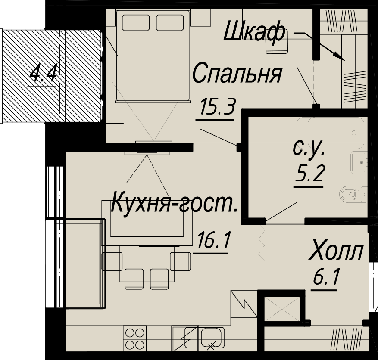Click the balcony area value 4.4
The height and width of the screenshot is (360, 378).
44,73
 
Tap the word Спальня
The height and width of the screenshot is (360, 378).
237,73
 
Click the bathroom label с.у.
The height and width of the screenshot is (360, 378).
309,148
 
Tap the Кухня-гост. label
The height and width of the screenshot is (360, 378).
175,205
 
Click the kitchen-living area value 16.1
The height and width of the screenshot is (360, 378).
213,240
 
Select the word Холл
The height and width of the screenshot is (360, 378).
336,252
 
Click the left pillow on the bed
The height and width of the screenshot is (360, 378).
136,23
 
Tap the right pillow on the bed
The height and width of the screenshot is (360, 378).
170,23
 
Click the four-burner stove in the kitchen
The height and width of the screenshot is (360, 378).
135,338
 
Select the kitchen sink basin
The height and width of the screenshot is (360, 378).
212,337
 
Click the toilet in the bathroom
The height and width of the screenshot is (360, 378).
353,194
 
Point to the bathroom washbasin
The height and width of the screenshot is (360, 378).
359,162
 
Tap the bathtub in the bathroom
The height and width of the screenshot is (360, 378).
330,133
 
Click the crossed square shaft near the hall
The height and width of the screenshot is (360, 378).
282,309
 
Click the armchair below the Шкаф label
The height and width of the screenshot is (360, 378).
277,45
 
